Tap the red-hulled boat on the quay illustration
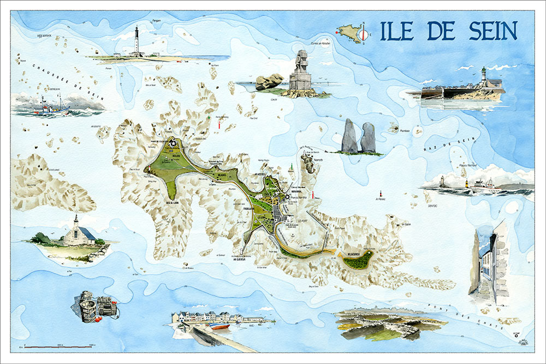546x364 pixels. (x=221, y=326)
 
